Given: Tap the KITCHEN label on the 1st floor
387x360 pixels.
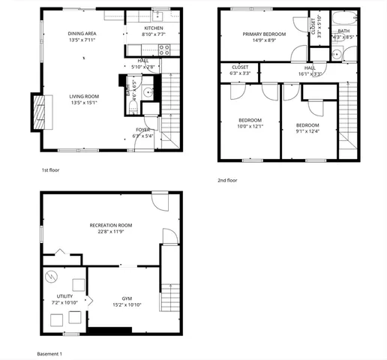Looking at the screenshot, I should coord(153,28).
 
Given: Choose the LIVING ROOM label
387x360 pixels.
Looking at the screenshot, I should coord(84,96).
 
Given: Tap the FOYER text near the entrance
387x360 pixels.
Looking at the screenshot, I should coord(142,130).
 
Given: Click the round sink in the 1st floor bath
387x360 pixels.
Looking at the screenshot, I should coord(148,93).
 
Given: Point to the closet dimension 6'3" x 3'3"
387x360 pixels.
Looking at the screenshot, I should coord(240,73).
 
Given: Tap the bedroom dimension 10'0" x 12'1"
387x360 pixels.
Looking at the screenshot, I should coord(250,126).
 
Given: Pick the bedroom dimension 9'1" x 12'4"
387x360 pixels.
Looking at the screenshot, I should coord(307,131).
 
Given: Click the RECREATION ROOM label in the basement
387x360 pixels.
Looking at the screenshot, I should coord(111,225).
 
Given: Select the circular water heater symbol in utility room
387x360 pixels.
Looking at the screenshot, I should coord(52,276).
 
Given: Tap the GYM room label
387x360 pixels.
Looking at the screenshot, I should coord(127,298).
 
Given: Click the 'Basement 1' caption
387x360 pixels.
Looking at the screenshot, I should coord(49,352).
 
